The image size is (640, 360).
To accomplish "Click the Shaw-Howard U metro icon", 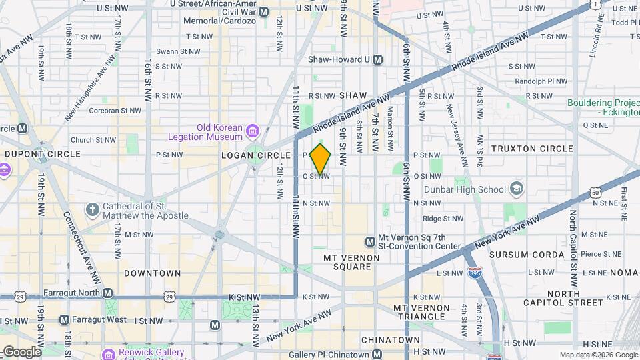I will pyautogui.click(x=378, y=59).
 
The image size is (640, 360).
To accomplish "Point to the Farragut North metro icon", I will pyautogui.click(x=107, y=293).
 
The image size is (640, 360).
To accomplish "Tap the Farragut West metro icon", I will pyautogui.click(x=64, y=319).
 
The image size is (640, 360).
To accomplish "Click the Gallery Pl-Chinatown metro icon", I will pyautogui.click(x=377, y=354).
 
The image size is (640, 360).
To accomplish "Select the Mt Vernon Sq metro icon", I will pyautogui.click(x=370, y=241).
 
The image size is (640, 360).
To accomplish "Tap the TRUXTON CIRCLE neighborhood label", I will pyautogui.click(x=531, y=148).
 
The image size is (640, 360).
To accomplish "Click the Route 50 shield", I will pyautogui.click(x=595, y=193).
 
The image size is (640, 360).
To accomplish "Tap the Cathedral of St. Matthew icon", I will pyautogui.click(x=92, y=210).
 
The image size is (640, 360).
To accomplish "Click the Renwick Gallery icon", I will pyautogui.click(x=107, y=353).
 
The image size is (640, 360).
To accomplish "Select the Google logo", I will pyautogui.click(x=21, y=352).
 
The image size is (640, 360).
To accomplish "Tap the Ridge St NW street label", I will pyautogui.click(x=428, y=219).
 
